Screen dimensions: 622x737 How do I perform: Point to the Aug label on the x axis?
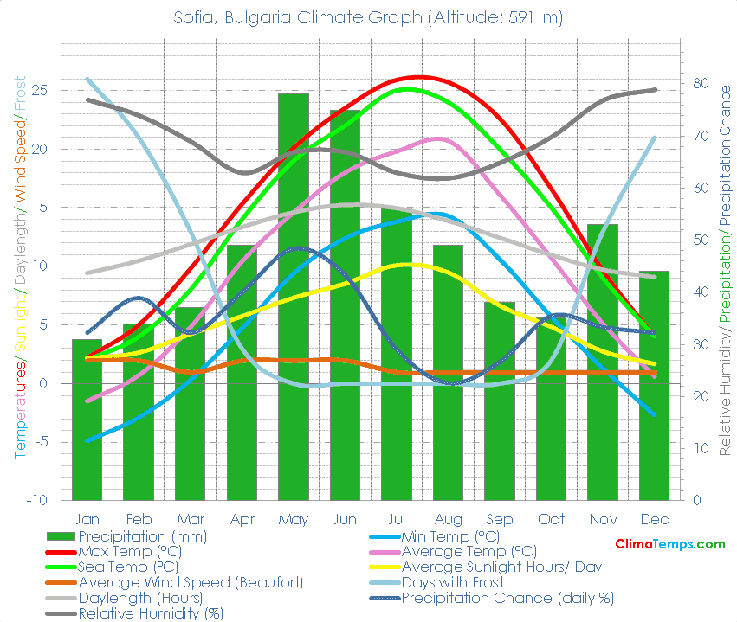pos(448,520)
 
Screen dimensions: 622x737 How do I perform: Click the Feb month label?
pos(139,520)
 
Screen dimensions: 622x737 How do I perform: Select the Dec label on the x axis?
pos(655,520)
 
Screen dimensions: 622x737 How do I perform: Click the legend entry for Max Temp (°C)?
pos(130,551)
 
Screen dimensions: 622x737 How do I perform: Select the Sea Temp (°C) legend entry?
pos(129,567)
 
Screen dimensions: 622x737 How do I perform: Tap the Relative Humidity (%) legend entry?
pos(151,613)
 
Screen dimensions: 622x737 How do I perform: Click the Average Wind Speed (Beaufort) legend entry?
pos(191,582)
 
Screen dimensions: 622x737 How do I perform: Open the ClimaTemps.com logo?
pos(669,543)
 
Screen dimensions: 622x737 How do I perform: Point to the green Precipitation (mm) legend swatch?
pos(61,536)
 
